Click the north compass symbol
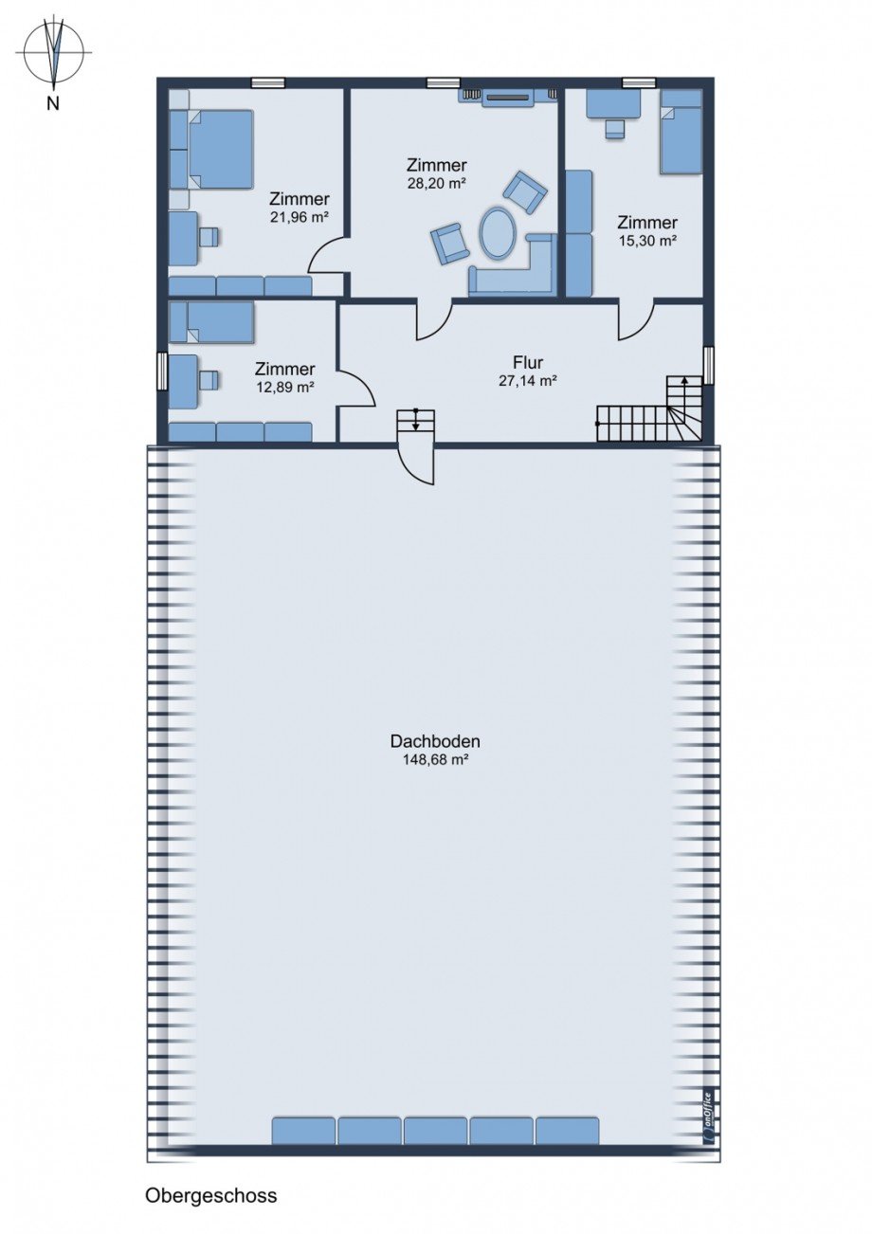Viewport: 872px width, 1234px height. (53, 53)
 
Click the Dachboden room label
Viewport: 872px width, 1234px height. (435, 741)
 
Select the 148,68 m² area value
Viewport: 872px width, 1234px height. (435, 761)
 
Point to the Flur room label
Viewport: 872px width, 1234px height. (528, 362)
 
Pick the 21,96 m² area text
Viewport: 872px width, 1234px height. (300, 217)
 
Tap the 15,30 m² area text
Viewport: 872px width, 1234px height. (646, 241)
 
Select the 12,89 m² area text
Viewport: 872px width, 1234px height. (284, 387)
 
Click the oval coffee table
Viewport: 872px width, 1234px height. (498, 231)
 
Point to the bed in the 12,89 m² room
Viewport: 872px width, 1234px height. (211, 321)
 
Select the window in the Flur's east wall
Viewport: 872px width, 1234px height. (708, 365)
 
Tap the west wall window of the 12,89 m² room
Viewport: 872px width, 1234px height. (161, 371)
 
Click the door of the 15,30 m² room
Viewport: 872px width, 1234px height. (636, 319)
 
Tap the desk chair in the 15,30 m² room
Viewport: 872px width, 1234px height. (615, 130)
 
